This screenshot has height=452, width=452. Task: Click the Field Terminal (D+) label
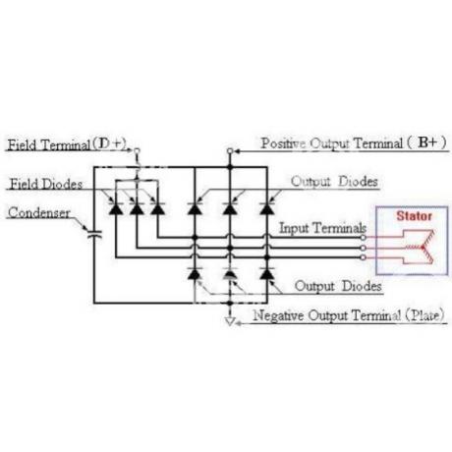pos(67,144)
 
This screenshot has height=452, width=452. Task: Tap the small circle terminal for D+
pos(138,150)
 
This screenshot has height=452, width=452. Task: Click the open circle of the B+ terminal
pos(230,151)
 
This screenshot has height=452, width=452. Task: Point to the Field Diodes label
pos(46,184)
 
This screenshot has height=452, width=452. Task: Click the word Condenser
pos(39,212)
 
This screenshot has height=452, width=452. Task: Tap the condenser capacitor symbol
pos(94,234)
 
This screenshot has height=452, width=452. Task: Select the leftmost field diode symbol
pos(116,208)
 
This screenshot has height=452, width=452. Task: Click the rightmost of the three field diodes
pos(157,208)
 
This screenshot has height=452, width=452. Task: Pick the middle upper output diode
pos(230,208)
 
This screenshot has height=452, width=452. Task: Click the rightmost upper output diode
pos(267,208)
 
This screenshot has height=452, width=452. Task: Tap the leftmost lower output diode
pos(195,273)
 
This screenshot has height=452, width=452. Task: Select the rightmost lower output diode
pos(267,273)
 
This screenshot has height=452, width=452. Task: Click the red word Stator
pos(414,216)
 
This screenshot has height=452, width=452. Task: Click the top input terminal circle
pos(363,238)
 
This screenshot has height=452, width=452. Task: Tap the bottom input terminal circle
pos(363,257)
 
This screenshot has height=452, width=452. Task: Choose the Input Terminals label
pos(322,228)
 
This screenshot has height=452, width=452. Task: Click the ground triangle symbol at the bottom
pos(230,321)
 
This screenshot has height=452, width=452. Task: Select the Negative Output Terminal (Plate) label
pos(349,315)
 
